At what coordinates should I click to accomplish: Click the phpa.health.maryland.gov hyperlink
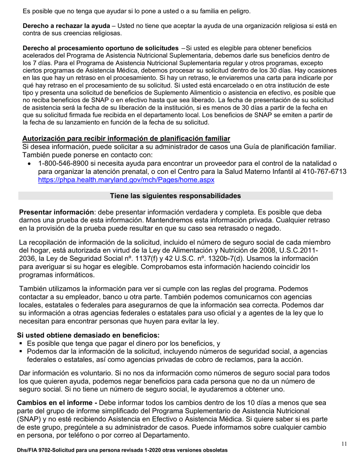click(x=126, y=180)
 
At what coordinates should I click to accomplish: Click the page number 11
click(x=344, y=444)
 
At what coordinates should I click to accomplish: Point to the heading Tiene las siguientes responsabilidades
click(x=175, y=196)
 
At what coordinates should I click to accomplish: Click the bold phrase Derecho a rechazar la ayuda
click(x=66, y=26)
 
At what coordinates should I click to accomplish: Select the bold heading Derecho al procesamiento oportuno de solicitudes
click(x=101, y=48)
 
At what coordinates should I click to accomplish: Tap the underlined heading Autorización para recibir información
click(x=126, y=138)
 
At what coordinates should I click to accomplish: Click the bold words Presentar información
click(x=56, y=212)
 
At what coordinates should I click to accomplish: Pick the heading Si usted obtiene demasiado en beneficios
click(x=88, y=335)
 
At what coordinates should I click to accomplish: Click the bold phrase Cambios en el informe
click(x=57, y=403)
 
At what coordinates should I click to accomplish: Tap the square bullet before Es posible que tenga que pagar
click(x=22, y=344)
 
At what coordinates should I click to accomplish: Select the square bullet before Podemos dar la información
click(x=22, y=352)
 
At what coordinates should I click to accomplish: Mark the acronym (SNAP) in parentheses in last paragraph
click(x=30, y=419)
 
